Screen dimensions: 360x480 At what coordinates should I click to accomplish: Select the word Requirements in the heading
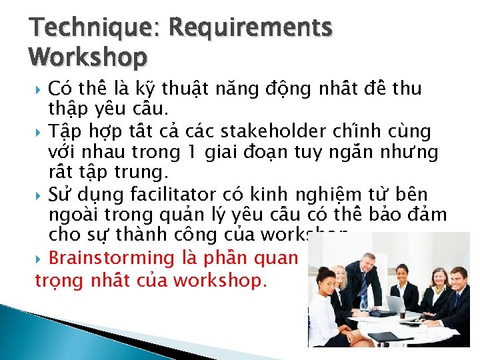[251, 29]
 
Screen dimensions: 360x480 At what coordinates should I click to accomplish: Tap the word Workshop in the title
[87, 58]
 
